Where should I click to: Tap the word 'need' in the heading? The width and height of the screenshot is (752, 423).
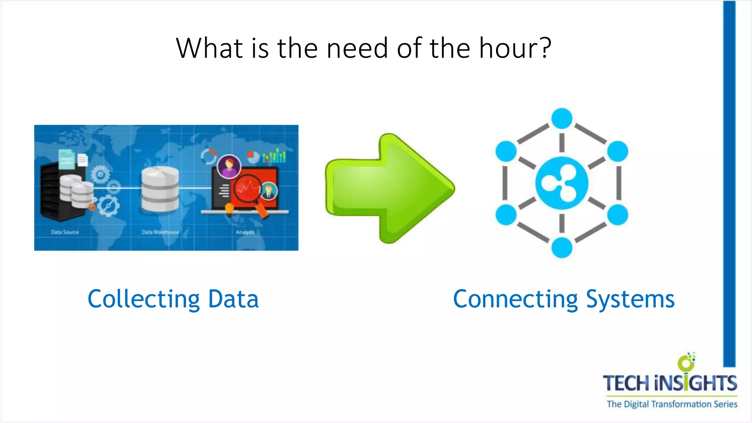[x=357, y=48]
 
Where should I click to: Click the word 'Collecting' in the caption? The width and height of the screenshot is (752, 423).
[x=144, y=299]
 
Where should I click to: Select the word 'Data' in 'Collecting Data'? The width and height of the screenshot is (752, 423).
[x=233, y=299]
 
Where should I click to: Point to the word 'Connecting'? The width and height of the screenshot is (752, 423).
[x=515, y=299]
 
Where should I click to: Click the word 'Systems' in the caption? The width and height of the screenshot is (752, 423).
[x=630, y=299]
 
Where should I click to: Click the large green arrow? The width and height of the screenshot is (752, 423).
[x=389, y=188]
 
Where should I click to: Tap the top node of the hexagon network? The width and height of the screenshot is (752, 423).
[x=562, y=118]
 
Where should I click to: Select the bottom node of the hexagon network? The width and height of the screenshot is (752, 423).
[x=562, y=247]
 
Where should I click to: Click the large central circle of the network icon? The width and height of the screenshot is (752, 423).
[x=562, y=183]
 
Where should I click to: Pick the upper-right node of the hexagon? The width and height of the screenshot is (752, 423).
[x=618, y=151]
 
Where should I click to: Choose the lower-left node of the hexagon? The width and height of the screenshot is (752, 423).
[x=506, y=215]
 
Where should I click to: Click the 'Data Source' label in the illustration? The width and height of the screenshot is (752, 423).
[x=65, y=232]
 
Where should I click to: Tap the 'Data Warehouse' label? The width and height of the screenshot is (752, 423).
[x=160, y=232]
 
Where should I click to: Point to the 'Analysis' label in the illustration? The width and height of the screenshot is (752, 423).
[x=245, y=232]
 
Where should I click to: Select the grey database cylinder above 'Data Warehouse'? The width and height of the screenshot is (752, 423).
[x=160, y=189]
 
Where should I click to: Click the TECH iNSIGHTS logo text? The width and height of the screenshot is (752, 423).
[x=670, y=383]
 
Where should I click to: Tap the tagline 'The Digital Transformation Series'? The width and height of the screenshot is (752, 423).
[x=672, y=404]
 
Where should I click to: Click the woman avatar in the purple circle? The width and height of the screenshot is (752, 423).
[x=229, y=166]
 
